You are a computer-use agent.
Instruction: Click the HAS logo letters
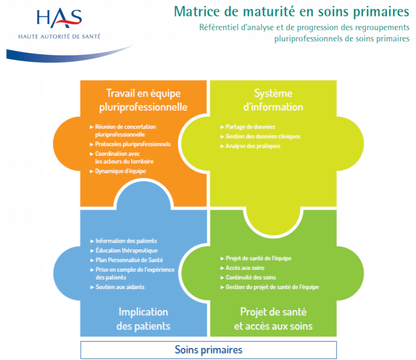(59, 18)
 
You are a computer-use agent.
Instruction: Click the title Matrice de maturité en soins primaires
(292, 12)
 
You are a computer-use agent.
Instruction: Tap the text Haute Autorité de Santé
(59, 36)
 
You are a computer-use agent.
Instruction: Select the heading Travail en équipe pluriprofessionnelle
(143, 100)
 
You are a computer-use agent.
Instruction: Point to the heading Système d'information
(273, 100)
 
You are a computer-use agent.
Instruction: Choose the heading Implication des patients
(143, 319)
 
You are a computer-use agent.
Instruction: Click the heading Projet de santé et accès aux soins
(273, 319)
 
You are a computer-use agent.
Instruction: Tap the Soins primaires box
(209, 350)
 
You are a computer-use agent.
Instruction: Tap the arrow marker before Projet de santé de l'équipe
(222, 258)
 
